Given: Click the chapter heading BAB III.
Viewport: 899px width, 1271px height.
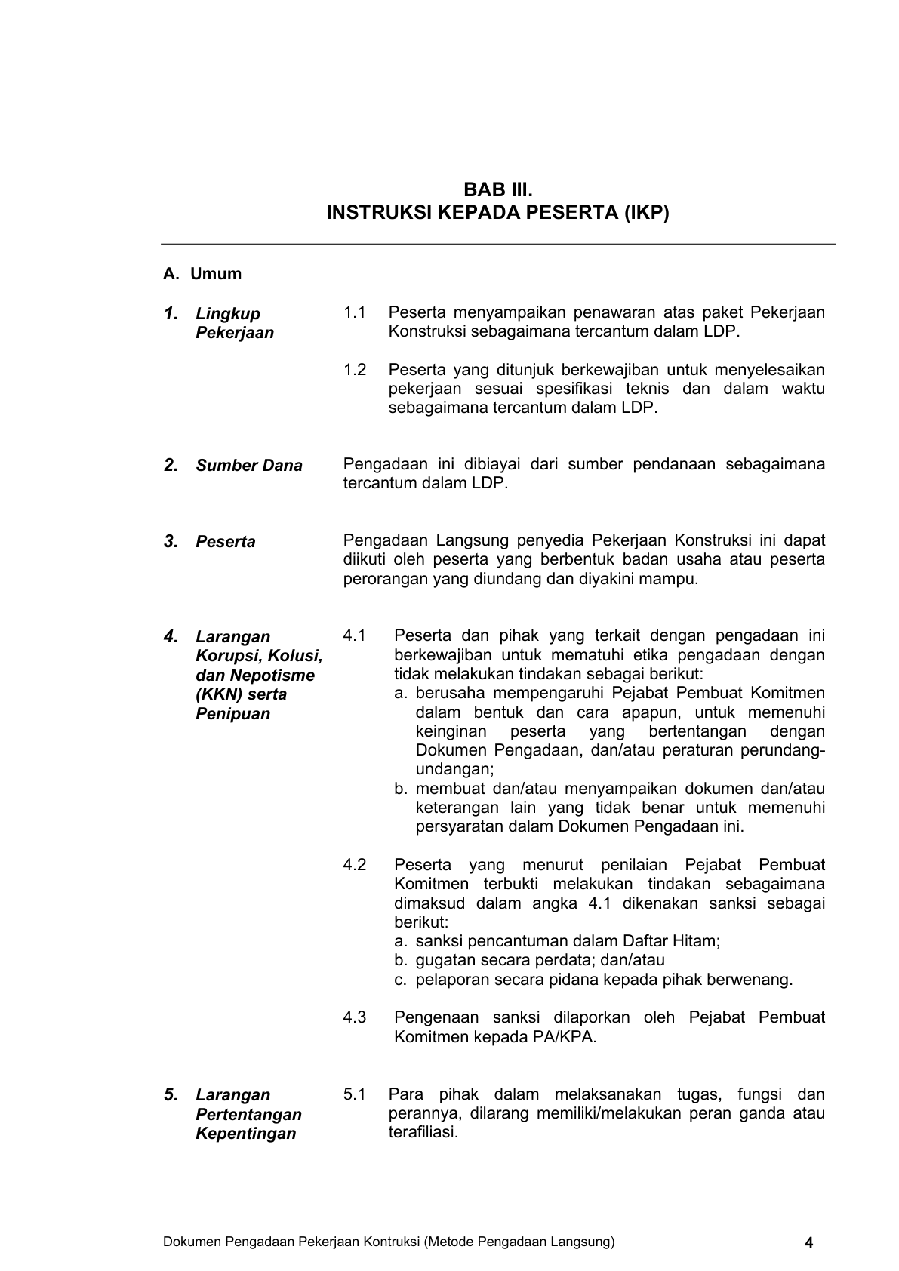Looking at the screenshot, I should pos(497,188).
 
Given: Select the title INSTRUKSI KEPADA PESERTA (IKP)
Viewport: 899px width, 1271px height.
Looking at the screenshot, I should pos(497,213).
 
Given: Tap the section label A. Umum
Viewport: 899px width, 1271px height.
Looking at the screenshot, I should pos(202,274).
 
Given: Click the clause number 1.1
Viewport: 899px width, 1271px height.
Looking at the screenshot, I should pos(355,312).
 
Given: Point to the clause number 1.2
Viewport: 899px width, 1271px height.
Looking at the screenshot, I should pos(355,370).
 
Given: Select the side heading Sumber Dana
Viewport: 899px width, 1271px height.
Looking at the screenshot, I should pos(248,466).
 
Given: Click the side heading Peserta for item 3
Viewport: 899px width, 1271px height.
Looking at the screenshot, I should pos(225,542).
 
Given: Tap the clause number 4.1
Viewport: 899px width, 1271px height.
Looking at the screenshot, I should pos(355,635).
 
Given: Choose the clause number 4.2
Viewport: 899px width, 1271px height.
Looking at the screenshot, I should pos(355,865).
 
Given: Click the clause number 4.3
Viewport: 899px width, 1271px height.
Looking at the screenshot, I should pos(355,1017).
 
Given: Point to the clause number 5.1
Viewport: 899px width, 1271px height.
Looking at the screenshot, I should pos(355,1094).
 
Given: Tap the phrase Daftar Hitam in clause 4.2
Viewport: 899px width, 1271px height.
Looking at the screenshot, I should pos(671,941).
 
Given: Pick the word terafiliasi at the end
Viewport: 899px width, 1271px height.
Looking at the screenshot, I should pos(423,1133).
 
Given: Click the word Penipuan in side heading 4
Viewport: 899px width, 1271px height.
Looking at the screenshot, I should pos(232,714).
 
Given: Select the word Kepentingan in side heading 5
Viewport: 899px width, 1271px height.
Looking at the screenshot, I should pos(245,1134).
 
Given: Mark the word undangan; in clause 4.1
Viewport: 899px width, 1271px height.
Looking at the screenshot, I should pos(454,769).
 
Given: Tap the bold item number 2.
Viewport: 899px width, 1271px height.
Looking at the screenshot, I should pos(171,465).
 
